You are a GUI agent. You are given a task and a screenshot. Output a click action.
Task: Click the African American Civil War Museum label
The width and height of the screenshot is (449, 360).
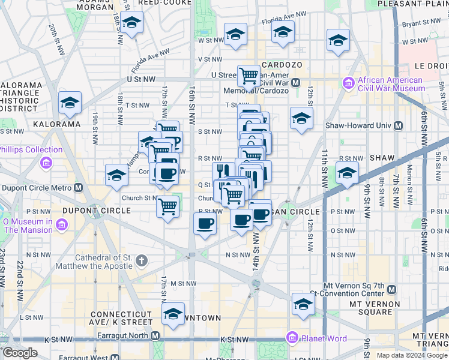(391, 84)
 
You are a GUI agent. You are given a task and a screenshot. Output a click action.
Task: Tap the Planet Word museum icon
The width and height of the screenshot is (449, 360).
(292, 337)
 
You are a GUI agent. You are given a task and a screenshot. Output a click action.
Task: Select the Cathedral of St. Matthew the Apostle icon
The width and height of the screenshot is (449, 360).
(142, 260)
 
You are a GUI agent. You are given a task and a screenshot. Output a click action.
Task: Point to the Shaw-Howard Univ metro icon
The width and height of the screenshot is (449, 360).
(397, 126)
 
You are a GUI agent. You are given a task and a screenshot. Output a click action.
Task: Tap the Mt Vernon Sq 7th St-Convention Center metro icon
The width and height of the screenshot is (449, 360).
(391, 290)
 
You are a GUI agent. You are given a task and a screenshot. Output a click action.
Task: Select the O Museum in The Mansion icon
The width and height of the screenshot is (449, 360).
(62, 226)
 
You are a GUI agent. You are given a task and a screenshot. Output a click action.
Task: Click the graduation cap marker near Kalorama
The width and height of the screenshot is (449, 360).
(70, 103)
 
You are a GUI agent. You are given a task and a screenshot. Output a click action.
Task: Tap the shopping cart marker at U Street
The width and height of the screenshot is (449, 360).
(249, 76)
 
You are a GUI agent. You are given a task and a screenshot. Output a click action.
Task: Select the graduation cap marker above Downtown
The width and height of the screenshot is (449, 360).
(173, 314)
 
